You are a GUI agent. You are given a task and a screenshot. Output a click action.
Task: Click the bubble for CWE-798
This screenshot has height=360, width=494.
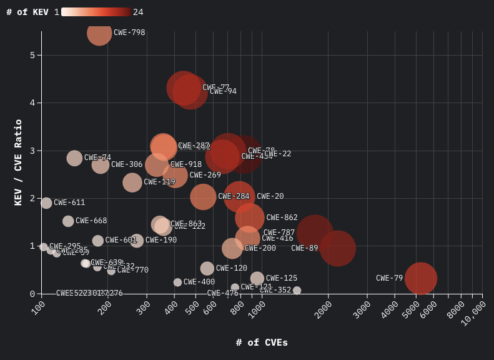pyautogui.click(x=99, y=32)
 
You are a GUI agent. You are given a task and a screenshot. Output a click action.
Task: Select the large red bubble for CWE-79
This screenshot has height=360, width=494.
pyautogui.click(x=420, y=278)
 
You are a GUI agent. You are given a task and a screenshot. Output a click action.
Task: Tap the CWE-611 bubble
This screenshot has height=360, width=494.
pyautogui.click(x=46, y=202)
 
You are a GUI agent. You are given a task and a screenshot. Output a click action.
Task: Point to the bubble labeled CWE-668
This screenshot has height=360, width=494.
pyautogui.click(x=68, y=221)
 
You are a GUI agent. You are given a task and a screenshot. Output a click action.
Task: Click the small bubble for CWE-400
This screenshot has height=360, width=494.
pyautogui.click(x=177, y=282)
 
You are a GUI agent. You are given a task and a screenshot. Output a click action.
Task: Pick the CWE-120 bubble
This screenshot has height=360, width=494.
pyautogui.click(x=207, y=268)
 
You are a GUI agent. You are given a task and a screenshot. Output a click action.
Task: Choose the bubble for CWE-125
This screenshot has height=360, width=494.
pyautogui.click(x=257, y=278)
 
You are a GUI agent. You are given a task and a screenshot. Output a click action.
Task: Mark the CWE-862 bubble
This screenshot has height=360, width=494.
pyautogui.click(x=249, y=218)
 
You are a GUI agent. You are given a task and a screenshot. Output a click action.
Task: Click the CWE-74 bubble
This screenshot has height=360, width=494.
pyautogui.click(x=74, y=158)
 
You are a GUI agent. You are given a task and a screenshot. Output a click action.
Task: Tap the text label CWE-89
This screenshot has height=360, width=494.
pyautogui.click(x=304, y=248)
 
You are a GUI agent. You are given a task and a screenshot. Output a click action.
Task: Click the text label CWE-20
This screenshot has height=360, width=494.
pyautogui.click(x=270, y=196)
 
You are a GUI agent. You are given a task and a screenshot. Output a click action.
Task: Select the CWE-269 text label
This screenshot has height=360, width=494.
pyautogui.click(x=205, y=175)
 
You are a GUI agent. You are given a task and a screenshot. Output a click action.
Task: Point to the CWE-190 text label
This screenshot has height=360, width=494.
pyautogui.click(x=161, y=240)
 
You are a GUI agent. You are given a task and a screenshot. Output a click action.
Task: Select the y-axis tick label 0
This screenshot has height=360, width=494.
pyautogui.click(x=32, y=294)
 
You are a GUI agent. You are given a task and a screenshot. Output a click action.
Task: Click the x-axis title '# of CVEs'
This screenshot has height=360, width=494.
pyautogui.click(x=262, y=342)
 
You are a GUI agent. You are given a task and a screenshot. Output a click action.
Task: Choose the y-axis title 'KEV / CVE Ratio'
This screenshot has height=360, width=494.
pyautogui.click(x=18, y=162)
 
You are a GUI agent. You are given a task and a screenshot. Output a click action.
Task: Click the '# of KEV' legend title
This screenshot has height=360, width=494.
pyautogui.click(x=27, y=12)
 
